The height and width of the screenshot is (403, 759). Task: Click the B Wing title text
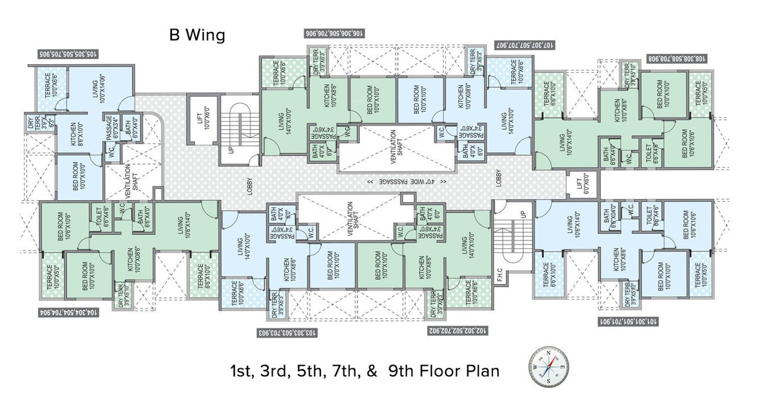(197, 35)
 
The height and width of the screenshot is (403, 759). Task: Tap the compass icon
(549, 368)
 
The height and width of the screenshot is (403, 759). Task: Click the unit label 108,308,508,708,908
(677, 58)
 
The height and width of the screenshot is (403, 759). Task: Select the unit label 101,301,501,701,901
(628, 321)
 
